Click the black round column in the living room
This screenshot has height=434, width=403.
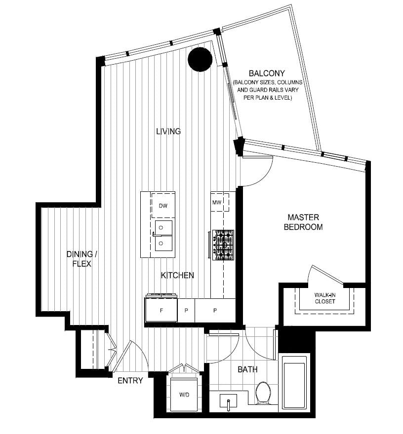click(200, 59)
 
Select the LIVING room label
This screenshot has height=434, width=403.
click(168, 131)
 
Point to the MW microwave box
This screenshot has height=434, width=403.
click(217, 202)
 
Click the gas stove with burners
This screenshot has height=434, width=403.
click(223, 245)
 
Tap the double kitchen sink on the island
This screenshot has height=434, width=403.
click(163, 236)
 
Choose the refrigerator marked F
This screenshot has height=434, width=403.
click(161, 310)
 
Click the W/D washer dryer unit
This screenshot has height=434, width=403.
click(184, 394)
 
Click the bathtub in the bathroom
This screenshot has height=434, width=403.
click(294, 385)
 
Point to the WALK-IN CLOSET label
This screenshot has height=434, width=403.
click(324, 298)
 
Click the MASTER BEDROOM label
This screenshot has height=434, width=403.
click(306, 222)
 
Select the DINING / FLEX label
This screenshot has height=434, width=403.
click(82, 259)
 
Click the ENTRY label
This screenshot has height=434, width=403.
click(130, 380)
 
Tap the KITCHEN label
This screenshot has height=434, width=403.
click(177, 275)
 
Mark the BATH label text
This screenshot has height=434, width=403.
click(247, 369)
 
